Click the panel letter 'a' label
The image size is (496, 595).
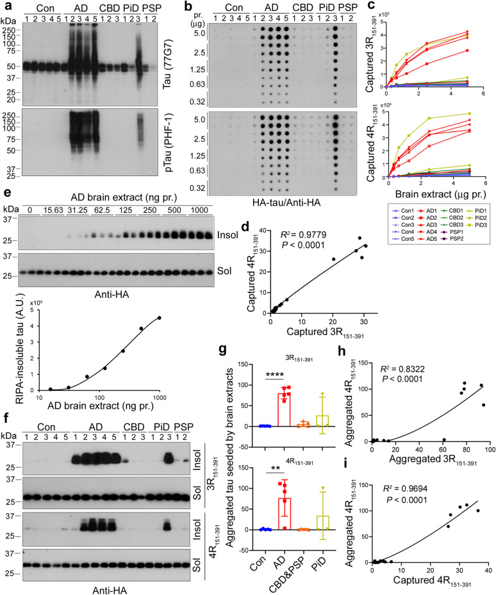(4, 6)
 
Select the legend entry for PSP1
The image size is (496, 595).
(461, 226)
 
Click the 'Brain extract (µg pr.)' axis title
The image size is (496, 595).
(428, 191)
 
